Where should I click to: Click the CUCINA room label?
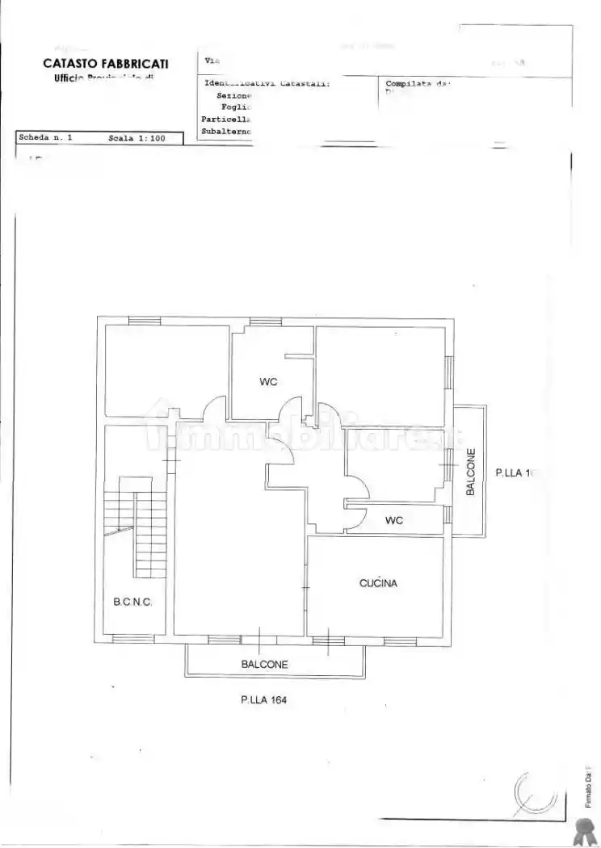click(378, 582)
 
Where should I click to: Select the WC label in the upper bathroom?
click(268, 382)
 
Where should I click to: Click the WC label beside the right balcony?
click(393, 520)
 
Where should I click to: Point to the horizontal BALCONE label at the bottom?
click(264, 665)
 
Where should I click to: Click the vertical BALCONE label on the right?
click(470, 472)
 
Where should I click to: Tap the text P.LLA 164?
click(263, 700)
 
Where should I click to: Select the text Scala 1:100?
click(137, 138)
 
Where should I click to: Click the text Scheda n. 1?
click(45, 138)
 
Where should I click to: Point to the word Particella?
click(226, 119)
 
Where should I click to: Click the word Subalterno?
click(226, 131)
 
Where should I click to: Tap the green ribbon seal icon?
click(584, 829)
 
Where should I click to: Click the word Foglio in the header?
click(237, 107)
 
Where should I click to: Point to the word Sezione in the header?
click(235, 94)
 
